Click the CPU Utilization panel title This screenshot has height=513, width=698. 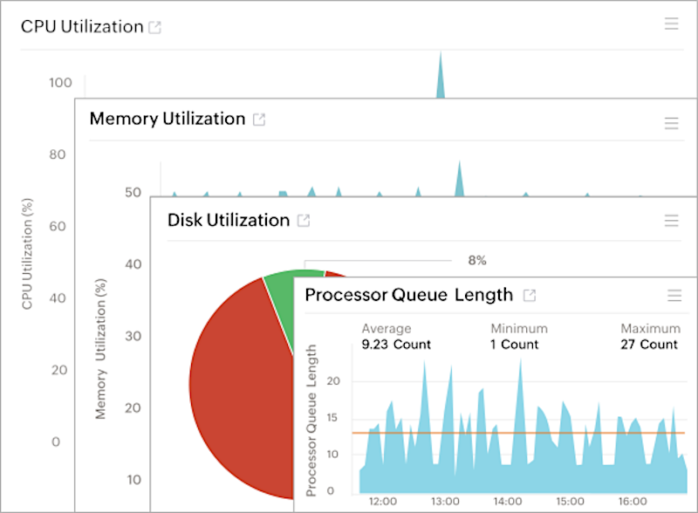pos(82,26)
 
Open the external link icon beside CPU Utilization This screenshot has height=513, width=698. pos(155,27)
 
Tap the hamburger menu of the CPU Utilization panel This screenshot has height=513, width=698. pos(671,24)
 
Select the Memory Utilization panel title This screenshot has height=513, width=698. pos(167,119)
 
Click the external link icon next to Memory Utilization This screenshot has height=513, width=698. pos(259,120)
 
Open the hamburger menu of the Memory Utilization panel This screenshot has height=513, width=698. pos(671,123)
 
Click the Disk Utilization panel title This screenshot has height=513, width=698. pos(228,220)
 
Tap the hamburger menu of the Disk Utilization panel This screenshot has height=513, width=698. pos(671,221)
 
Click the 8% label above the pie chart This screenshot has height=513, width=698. pos(476,260)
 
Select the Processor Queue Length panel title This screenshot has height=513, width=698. pos(408,295)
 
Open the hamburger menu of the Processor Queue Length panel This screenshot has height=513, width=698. pos(674,296)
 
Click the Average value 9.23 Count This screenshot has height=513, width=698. pos(396,344)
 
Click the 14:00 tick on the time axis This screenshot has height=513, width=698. pos(508,502)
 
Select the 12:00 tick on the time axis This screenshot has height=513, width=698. pos(383,502)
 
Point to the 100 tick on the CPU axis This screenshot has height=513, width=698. pos(60,83)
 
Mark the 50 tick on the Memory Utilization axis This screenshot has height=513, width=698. pos(133,193)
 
